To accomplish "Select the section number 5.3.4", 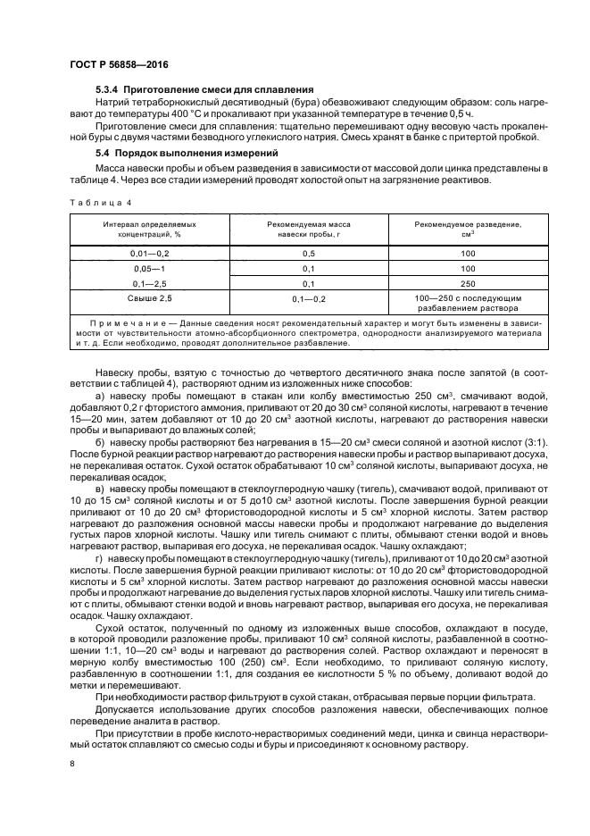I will click(108, 89).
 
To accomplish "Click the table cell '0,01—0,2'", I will click(149, 253).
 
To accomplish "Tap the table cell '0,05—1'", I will click(149, 268).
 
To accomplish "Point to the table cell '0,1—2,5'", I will click(149, 282).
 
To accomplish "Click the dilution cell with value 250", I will click(468, 282).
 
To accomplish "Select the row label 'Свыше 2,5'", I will click(149, 296).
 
